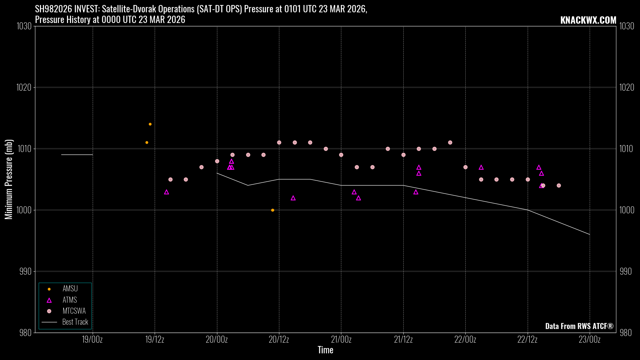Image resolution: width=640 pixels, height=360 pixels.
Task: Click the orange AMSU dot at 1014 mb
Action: (150, 124)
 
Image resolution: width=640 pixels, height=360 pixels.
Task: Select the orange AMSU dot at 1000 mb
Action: (273, 210)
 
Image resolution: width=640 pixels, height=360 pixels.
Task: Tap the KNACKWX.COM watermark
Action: (588, 20)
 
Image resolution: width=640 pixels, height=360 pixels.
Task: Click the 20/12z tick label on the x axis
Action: (279, 340)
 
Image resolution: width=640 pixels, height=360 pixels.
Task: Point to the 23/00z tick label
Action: (589, 340)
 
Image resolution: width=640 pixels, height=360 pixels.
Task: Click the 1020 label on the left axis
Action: (26, 87)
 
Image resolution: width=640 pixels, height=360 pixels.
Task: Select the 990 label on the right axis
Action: (626, 271)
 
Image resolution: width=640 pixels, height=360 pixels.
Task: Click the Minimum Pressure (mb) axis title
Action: (9, 179)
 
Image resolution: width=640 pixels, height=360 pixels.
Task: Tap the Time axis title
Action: (325, 350)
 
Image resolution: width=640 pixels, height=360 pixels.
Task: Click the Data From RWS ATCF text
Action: (579, 326)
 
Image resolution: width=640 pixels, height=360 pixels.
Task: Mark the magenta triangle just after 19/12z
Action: (166, 192)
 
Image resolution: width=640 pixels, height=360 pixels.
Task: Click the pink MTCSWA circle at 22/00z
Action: (465, 167)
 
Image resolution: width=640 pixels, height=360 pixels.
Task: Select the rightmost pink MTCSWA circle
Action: (559, 186)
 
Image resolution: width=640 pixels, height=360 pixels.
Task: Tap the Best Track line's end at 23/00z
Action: (589, 234)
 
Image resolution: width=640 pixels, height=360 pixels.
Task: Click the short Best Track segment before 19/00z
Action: (77, 155)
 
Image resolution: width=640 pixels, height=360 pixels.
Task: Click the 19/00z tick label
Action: (92, 340)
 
